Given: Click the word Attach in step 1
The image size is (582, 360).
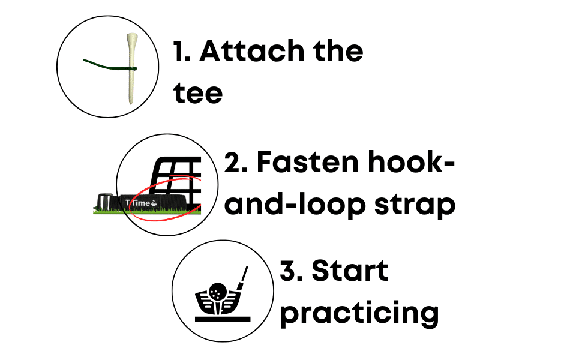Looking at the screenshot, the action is click(251, 51).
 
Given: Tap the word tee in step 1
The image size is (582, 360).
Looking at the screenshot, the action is click(198, 93).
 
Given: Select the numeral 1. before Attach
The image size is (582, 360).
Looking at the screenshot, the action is click(182, 51).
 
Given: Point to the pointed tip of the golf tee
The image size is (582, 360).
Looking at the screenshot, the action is click(130, 104).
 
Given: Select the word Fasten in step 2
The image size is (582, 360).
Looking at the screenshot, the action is click(308, 162).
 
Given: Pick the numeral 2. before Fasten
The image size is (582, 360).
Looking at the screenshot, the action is click(235, 163).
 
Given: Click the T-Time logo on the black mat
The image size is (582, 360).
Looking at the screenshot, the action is click(142, 203).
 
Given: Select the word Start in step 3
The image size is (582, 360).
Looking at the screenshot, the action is click(349, 271).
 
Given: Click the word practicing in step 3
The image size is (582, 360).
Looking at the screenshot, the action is click(359, 314).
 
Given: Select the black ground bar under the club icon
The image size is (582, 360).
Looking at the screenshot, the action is click(223, 319).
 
